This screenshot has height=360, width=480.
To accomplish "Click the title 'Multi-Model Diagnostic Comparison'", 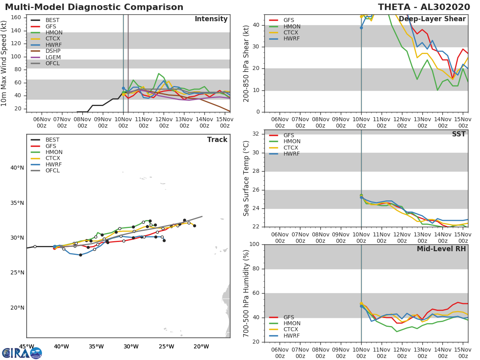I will tap(94, 7).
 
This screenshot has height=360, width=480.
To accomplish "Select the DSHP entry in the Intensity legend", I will tap(53, 51).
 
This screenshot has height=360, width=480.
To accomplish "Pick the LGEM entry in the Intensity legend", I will tap(53, 57).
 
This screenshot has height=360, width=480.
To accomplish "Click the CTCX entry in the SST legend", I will tap(292, 148).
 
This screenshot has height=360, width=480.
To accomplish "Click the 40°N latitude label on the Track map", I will tap(17, 168).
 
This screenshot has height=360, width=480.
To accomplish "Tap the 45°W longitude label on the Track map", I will tap(26, 346).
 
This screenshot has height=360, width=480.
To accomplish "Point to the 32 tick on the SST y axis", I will tap(257, 134).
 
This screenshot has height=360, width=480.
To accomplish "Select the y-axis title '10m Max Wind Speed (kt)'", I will tap(4, 63).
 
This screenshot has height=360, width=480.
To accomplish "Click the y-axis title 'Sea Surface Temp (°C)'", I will tap(246, 178).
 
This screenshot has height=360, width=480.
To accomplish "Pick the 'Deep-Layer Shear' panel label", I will tap(432, 19).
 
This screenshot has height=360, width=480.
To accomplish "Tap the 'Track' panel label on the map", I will tap(217, 140).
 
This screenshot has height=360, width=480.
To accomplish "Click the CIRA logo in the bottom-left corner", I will tap(22, 353).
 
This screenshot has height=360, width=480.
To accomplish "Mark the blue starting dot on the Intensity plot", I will tap(123, 88).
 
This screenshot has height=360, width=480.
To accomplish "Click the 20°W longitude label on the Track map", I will tap(201, 346).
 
